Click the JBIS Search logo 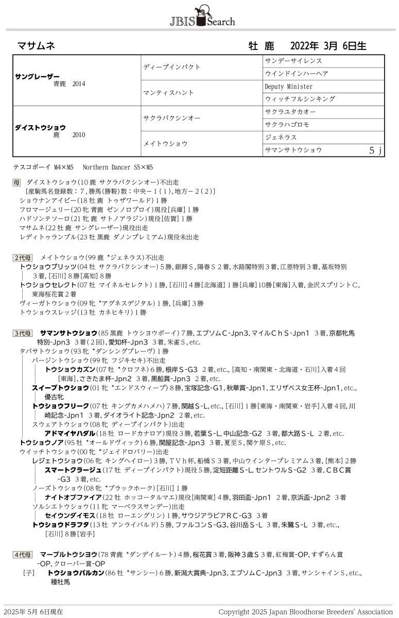tap(202, 15)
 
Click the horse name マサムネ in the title tap(36, 46)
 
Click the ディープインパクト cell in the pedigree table tap(172, 67)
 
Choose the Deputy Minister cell tap(289, 87)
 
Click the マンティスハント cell tap(168, 93)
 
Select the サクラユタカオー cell tap(290, 112)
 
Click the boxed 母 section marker tap(17, 182)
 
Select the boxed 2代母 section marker tap(22, 257)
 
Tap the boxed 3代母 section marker tap(22, 333)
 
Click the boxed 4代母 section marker tap(22, 555)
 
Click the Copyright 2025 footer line tap(305, 612)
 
